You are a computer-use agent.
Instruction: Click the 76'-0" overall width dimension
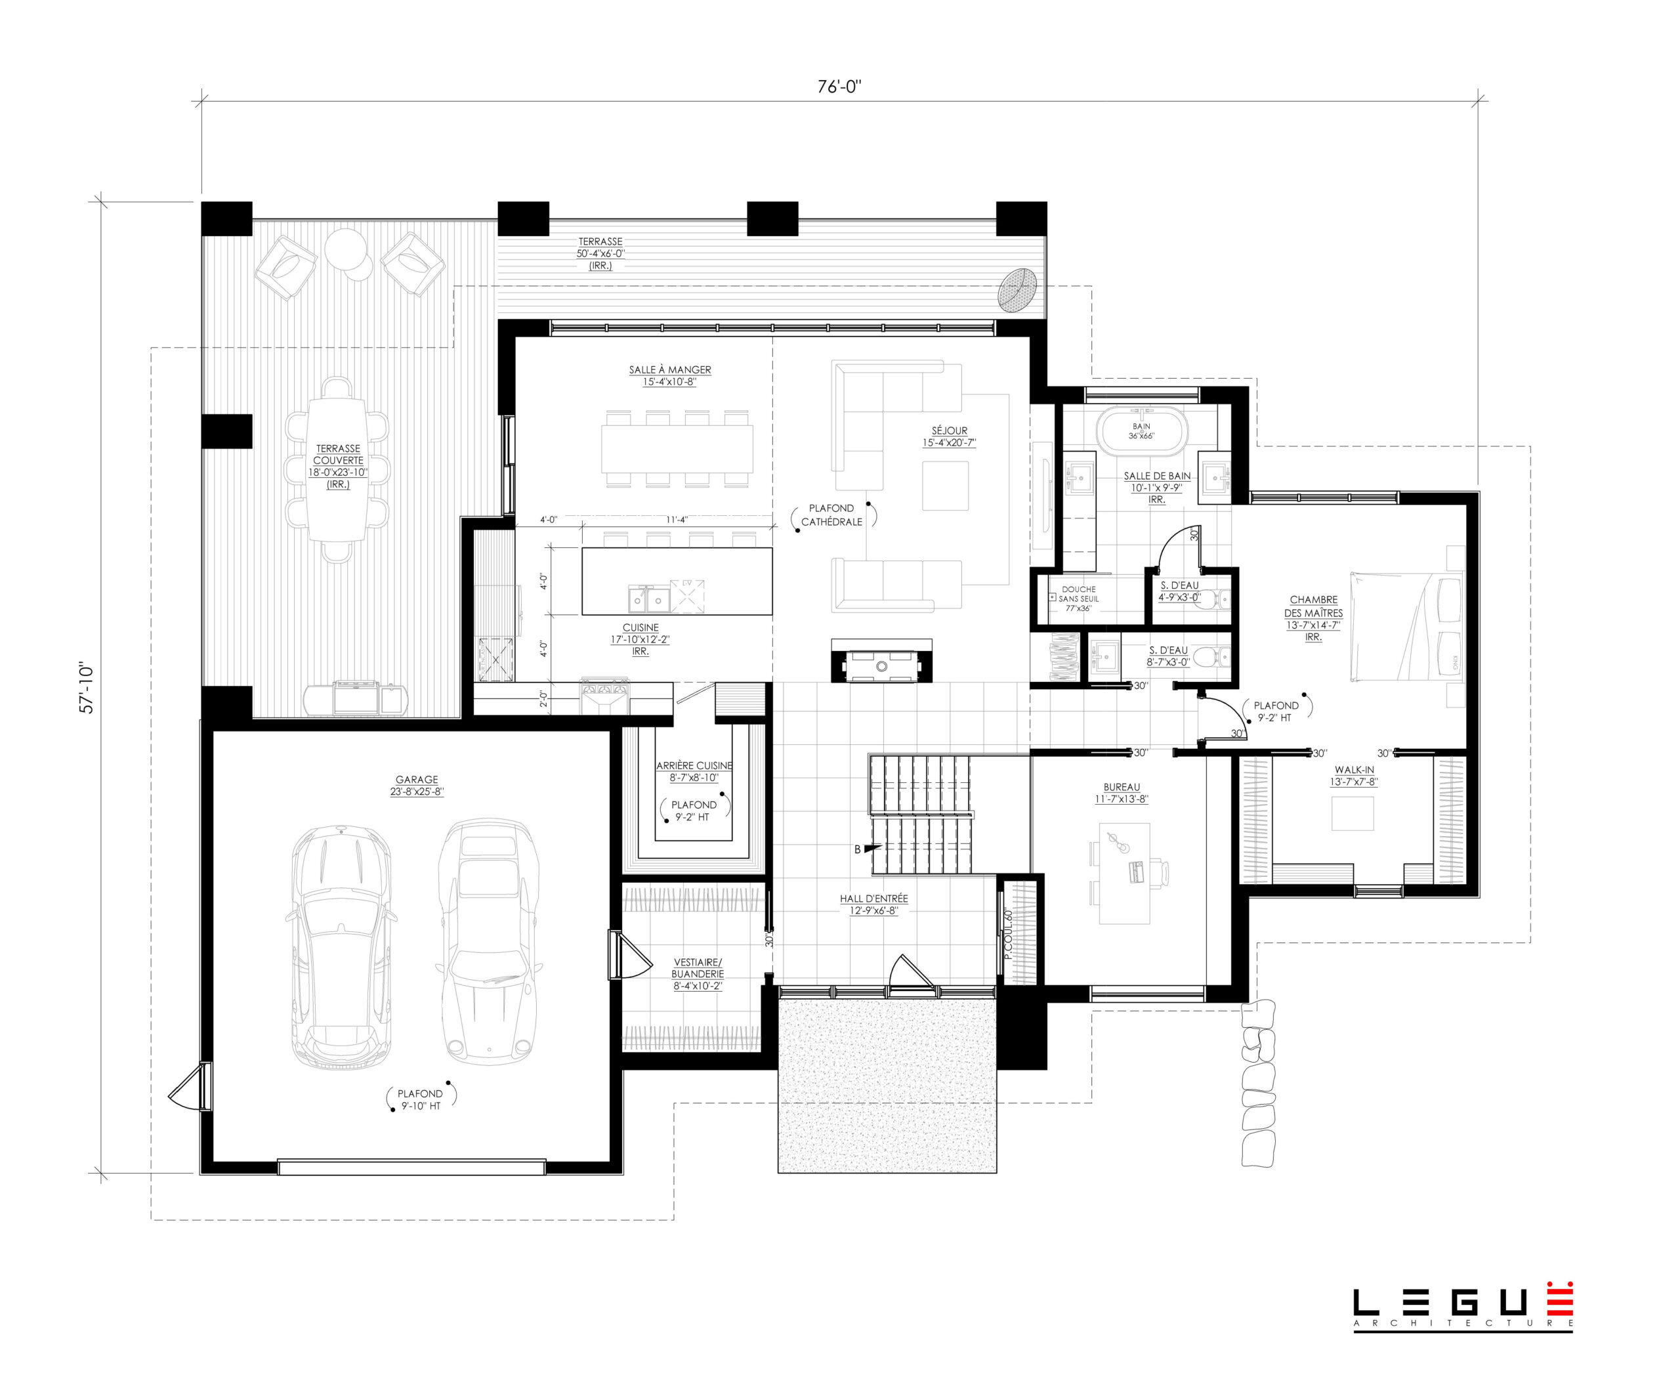click(839, 87)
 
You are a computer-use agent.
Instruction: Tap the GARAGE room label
click(417, 779)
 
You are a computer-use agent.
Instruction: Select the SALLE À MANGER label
click(669, 370)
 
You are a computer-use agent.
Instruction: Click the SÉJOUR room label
click(949, 431)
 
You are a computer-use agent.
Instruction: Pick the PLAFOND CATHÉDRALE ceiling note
click(831, 515)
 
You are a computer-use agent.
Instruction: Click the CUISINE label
click(640, 627)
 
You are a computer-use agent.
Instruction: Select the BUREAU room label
click(1122, 788)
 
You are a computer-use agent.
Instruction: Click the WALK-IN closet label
click(1354, 770)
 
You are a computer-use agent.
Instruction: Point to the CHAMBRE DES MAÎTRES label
click(1313, 606)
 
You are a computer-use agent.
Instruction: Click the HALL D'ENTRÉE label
click(873, 899)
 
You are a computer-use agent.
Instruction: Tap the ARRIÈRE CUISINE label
click(694, 766)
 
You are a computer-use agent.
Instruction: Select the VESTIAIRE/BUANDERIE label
click(697, 968)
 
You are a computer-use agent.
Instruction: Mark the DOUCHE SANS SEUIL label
click(1079, 594)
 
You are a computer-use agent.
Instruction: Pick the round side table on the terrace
click(346, 249)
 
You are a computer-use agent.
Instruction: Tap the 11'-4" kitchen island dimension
click(677, 520)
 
